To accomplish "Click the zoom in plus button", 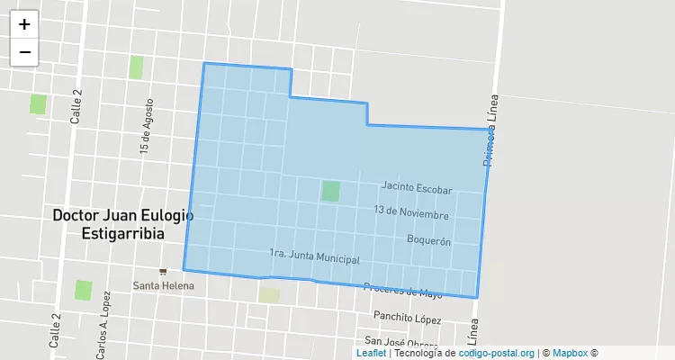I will (x=24, y=24).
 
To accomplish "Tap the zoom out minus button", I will (x=24, y=51).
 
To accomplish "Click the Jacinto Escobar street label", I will (x=416, y=187).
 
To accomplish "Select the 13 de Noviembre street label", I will (x=411, y=213).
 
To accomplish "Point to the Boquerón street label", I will (x=428, y=240).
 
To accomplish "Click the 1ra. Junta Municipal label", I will (x=314, y=256).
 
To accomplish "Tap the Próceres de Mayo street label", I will (x=402, y=291).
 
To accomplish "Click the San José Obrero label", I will (x=400, y=342).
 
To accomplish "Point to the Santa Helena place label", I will (x=163, y=285).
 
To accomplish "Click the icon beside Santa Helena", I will (x=163, y=271).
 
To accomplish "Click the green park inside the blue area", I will (x=330, y=191).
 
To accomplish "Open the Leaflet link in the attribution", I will (x=371, y=354).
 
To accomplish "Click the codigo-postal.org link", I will (x=497, y=354).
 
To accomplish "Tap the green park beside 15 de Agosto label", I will (x=136, y=67).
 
